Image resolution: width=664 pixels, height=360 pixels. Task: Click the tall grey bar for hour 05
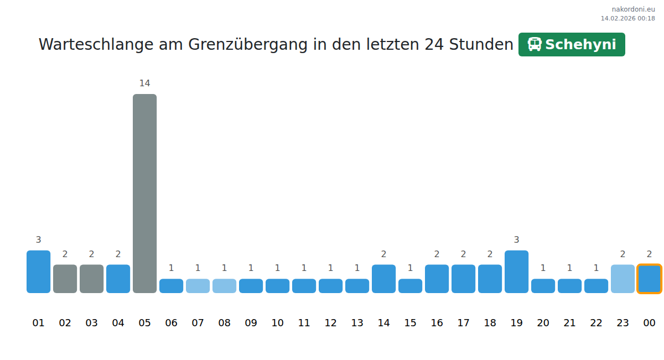(x=144, y=193)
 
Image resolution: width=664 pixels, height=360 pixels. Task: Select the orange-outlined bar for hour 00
(x=649, y=279)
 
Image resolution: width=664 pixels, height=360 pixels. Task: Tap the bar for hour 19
(x=516, y=272)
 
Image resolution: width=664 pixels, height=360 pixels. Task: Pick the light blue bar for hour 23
(x=622, y=279)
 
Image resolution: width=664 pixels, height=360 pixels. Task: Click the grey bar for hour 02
(x=65, y=279)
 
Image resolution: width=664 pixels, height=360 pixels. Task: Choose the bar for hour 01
(x=38, y=272)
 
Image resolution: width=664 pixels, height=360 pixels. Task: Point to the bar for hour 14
(x=383, y=279)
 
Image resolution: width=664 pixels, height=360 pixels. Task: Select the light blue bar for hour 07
(x=198, y=286)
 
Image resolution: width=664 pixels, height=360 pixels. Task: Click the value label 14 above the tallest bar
(x=144, y=84)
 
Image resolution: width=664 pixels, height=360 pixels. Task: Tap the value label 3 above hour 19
(x=516, y=240)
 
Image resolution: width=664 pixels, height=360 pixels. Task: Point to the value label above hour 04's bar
(x=118, y=254)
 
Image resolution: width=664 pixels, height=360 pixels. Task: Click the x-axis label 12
(x=330, y=323)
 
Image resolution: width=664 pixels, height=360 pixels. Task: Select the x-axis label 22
(x=596, y=323)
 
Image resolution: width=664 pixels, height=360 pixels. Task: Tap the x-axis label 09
(x=251, y=323)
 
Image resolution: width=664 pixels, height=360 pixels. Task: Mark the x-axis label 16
(x=437, y=323)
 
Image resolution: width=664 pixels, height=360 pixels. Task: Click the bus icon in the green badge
(x=535, y=45)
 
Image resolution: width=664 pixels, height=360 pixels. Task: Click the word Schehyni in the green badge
(x=580, y=45)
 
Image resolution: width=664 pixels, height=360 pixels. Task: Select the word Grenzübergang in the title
(x=248, y=45)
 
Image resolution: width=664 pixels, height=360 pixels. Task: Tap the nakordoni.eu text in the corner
(x=633, y=9)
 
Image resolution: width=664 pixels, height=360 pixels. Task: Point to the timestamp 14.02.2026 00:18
(x=628, y=18)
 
